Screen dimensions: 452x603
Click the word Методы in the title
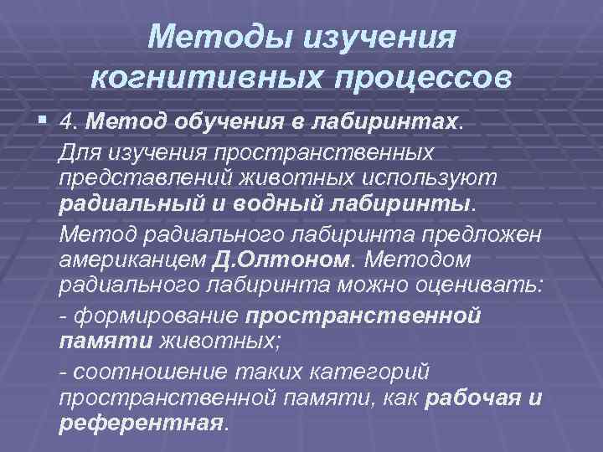tap(210, 37)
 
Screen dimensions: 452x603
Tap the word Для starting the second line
tap(80, 152)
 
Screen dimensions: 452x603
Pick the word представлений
tap(138, 178)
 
